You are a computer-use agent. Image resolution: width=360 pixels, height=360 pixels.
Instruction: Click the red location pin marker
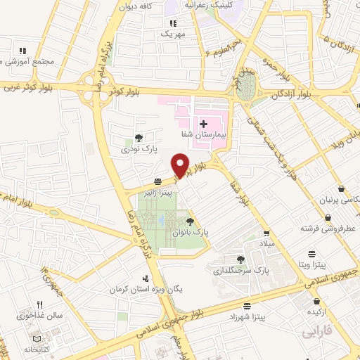tap(181, 165)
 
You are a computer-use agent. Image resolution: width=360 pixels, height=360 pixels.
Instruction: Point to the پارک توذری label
tap(136, 149)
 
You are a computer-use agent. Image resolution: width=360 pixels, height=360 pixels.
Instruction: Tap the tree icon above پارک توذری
tap(138, 139)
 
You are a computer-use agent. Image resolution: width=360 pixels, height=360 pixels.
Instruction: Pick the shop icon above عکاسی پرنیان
tap(341, 189)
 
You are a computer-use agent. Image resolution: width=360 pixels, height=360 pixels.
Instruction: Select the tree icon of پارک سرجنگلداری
tap(241, 259)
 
